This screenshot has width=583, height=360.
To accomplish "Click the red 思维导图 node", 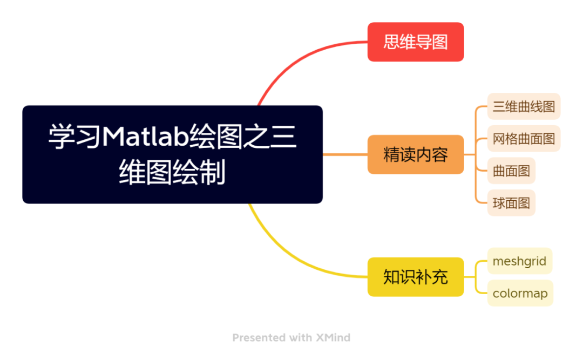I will [415, 42].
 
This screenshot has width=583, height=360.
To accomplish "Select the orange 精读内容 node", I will [415, 155].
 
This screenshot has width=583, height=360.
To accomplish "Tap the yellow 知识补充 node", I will [415, 277].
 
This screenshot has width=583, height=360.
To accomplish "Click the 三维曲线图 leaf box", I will [524, 106].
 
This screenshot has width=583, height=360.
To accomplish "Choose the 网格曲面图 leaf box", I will [524, 139].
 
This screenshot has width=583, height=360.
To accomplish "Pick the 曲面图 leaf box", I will [511, 171].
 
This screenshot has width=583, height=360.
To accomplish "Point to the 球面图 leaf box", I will [511, 203].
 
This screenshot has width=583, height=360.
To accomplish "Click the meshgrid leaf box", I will [519, 261].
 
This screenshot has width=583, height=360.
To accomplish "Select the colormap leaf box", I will [520, 294].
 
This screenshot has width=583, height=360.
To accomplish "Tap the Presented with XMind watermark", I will [291, 338].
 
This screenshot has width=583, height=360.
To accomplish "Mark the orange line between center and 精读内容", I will [345, 155].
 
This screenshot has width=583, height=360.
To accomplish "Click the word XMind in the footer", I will [333, 338].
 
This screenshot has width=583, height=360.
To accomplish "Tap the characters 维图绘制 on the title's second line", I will [172, 174].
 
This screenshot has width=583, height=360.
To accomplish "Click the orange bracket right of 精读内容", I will [476, 155].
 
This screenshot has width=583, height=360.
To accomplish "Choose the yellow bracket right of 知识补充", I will [476, 277].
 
